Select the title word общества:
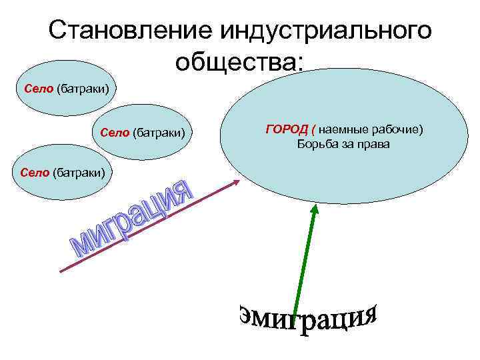click(240, 62)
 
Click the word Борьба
click(318, 143)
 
